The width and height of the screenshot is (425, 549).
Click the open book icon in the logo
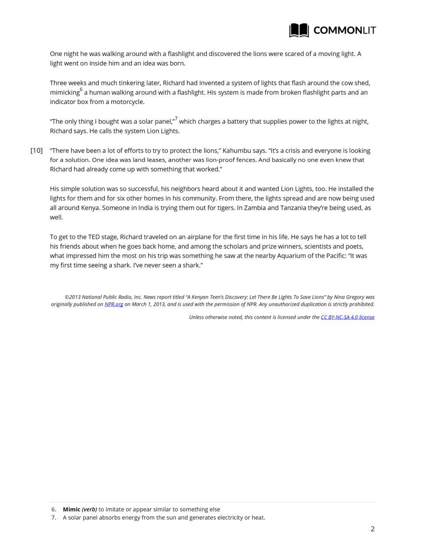299,30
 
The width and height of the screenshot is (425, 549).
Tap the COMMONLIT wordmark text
344,30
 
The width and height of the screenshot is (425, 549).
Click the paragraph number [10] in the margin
36,150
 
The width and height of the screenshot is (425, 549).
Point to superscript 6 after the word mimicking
81,90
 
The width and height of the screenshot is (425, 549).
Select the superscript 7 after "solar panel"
176,119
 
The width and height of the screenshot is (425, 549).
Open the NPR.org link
114,304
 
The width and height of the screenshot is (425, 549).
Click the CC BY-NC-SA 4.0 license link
347,317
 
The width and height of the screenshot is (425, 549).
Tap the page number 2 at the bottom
372,529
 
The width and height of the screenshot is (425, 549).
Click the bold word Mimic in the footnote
72,510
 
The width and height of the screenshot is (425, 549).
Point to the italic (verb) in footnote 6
89,510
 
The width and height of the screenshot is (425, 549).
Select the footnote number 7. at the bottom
54,517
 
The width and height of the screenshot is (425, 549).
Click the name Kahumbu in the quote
237,150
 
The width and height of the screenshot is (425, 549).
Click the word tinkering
133,83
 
